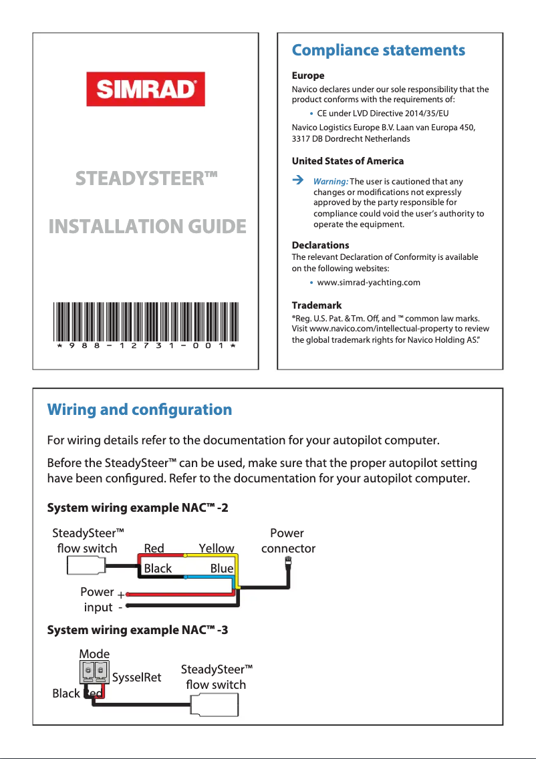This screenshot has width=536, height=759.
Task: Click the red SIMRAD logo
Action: point(145,90)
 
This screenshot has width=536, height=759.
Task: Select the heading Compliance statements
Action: point(378,50)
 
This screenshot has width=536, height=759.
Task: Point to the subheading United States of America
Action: point(348,161)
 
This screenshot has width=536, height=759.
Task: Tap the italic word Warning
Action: point(330,182)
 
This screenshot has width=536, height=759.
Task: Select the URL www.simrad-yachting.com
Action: point(368,282)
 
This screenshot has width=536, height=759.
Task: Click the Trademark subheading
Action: point(317,305)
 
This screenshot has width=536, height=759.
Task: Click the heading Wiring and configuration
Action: point(140,410)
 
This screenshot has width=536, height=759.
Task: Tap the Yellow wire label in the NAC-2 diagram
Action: point(217,549)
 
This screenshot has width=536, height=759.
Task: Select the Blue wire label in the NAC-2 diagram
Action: point(221,569)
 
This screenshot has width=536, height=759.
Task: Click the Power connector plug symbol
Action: point(288,562)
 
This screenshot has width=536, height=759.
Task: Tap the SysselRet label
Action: point(136,677)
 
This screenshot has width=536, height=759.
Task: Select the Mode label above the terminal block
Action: point(94,653)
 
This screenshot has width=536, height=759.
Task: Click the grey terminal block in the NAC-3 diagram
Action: point(94,671)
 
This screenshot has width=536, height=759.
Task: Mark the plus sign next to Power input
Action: point(120,595)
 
